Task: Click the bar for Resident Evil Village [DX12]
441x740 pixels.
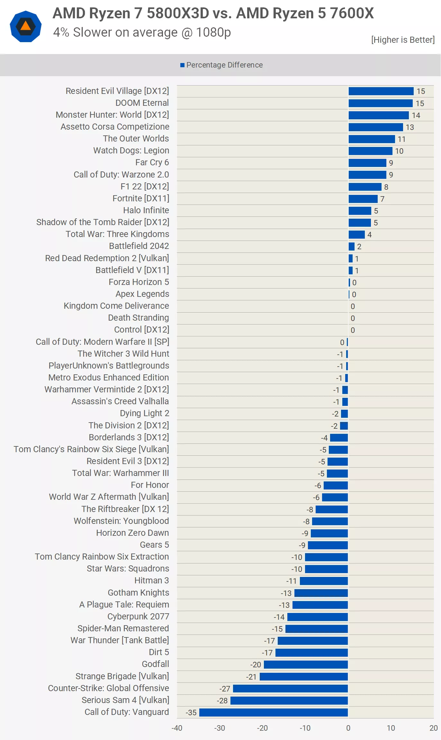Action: click(x=381, y=91)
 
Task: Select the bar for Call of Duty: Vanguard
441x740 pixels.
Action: click(x=274, y=712)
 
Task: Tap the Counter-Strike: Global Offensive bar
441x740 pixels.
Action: click(x=290, y=689)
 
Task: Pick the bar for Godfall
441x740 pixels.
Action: click(x=306, y=664)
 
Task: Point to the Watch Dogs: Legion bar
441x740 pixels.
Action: click(x=370, y=151)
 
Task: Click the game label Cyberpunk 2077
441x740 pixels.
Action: click(x=138, y=617)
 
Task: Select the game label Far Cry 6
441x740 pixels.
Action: click(x=152, y=162)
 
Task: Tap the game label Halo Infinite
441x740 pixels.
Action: click(x=146, y=210)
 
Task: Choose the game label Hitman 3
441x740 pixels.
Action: click(x=151, y=580)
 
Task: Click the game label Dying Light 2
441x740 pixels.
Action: click(x=144, y=413)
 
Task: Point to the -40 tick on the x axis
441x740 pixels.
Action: click(x=177, y=728)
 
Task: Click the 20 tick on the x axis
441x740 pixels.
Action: click(x=433, y=728)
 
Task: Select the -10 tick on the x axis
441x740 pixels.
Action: click(x=305, y=728)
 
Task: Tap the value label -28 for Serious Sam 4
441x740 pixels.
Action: click(x=222, y=701)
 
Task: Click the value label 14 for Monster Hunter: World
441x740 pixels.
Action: click(x=416, y=115)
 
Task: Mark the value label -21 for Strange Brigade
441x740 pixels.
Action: click(x=251, y=677)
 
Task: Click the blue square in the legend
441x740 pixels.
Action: click(x=182, y=65)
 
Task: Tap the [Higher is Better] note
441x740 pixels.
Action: click(x=403, y=40)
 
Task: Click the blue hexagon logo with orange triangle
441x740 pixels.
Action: click(x=26, y=26)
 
